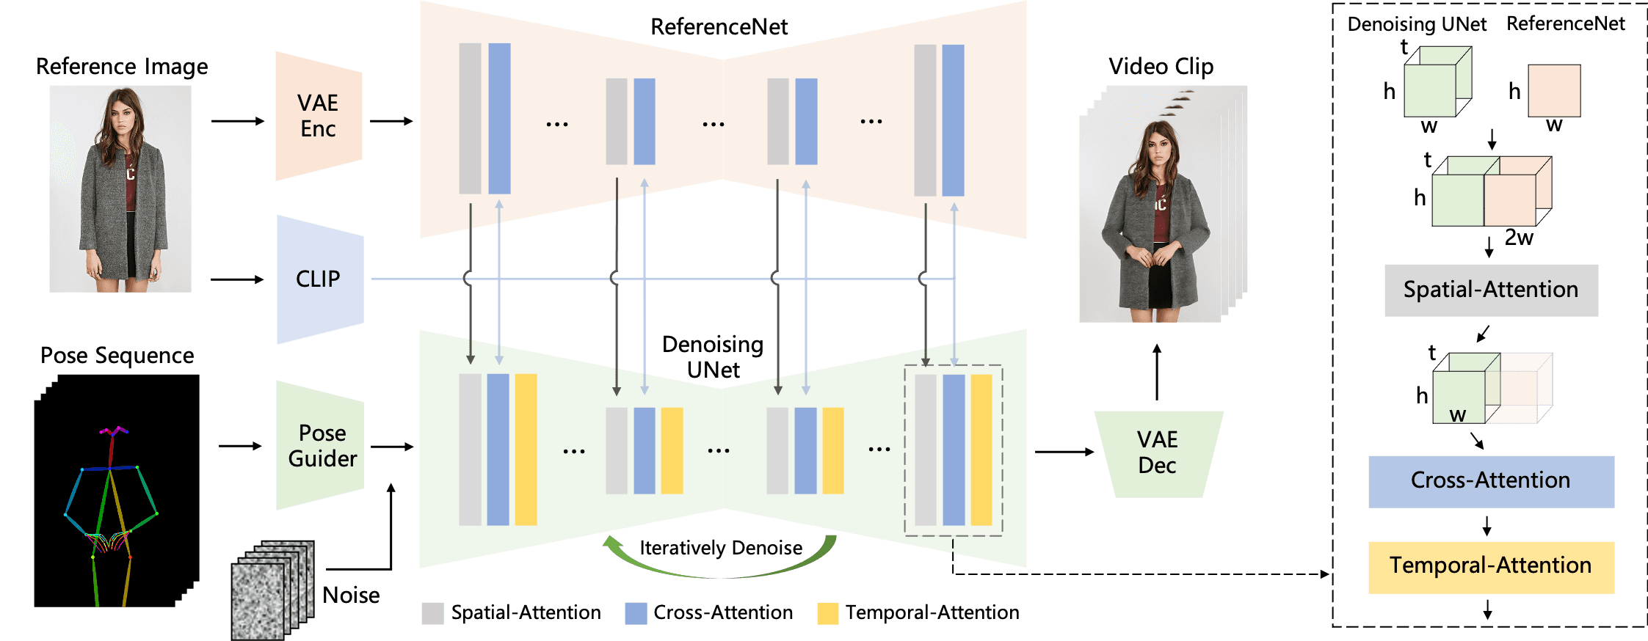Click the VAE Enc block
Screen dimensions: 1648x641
click(319, 116)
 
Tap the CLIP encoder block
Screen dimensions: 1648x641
click(320, 279)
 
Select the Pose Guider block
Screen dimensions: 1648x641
click(320, 445)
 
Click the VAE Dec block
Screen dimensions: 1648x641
click(1158, 454)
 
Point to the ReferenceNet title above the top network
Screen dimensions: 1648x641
click(719, 27)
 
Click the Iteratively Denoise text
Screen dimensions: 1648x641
click(721, 548)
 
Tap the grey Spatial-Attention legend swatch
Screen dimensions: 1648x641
click(433, 613)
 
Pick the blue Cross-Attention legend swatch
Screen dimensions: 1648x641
click(636, 613)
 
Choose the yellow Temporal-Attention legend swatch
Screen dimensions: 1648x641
click(828, 613)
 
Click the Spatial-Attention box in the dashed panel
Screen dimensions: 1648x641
click(1491, 290)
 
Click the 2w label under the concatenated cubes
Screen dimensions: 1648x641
click(1519, 238)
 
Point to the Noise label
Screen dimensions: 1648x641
click(351, 595)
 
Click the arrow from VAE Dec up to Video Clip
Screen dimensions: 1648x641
click(1157, 372)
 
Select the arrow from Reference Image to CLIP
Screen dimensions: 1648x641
click(237, 279)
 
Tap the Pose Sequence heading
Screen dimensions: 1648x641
click(117, 356)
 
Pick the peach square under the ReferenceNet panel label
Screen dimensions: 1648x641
click(1554, 91)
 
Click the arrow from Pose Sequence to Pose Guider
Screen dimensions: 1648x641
click(240, 446)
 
